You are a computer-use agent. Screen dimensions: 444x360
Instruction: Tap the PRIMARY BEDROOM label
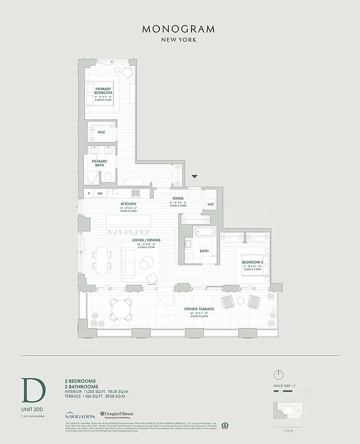(103, 91)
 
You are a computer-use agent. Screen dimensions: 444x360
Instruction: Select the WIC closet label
(101, 133)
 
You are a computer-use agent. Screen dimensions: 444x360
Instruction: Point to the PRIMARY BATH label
(100, 163)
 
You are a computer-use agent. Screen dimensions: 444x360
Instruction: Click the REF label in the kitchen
(100, 193)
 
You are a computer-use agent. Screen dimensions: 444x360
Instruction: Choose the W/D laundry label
(211, 204)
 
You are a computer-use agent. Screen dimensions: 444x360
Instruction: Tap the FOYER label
(178, 198)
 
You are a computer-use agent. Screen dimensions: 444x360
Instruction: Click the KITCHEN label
(128, 204)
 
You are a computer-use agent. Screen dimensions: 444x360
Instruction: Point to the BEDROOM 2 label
(252, 261)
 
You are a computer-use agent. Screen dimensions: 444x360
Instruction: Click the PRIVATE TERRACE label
(199, 309)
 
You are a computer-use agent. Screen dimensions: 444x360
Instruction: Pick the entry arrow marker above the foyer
(194, 176)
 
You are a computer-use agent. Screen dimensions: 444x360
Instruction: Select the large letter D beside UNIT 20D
(33, 390)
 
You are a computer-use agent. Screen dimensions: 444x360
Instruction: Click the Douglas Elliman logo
(117, 415)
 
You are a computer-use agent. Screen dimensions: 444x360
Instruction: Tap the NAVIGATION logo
(79, 415)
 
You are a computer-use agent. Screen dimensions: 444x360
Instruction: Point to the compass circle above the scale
(279, 374)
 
